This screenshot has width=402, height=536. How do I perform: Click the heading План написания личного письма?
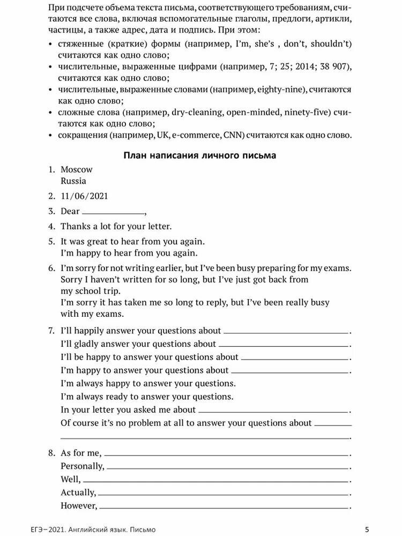(200, 155)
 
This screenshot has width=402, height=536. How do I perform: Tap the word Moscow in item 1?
(77, 169)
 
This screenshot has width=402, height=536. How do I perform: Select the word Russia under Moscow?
(73, 181)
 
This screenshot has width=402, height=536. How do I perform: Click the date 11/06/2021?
(84, 196)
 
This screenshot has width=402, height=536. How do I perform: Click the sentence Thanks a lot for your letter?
(116, 226)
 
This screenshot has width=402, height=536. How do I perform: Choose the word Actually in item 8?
(78, 492)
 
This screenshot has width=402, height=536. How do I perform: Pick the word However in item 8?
(79, 505)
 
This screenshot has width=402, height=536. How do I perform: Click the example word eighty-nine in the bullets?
(281, 90)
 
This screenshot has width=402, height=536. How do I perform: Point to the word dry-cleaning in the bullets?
(196, 113)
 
